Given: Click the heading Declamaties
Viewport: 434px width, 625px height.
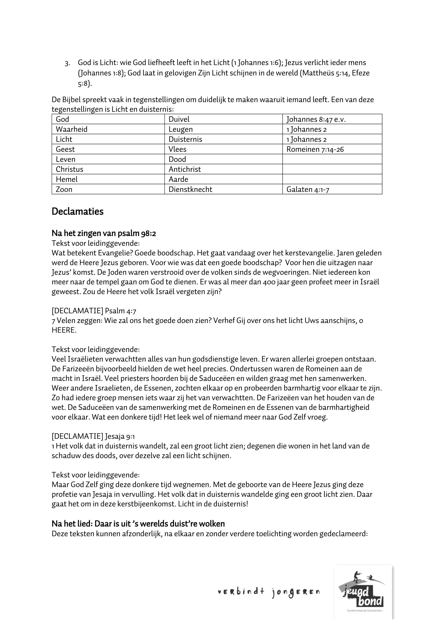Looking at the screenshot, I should point(77,212).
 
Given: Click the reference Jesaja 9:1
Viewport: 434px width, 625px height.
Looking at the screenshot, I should point(120,437).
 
